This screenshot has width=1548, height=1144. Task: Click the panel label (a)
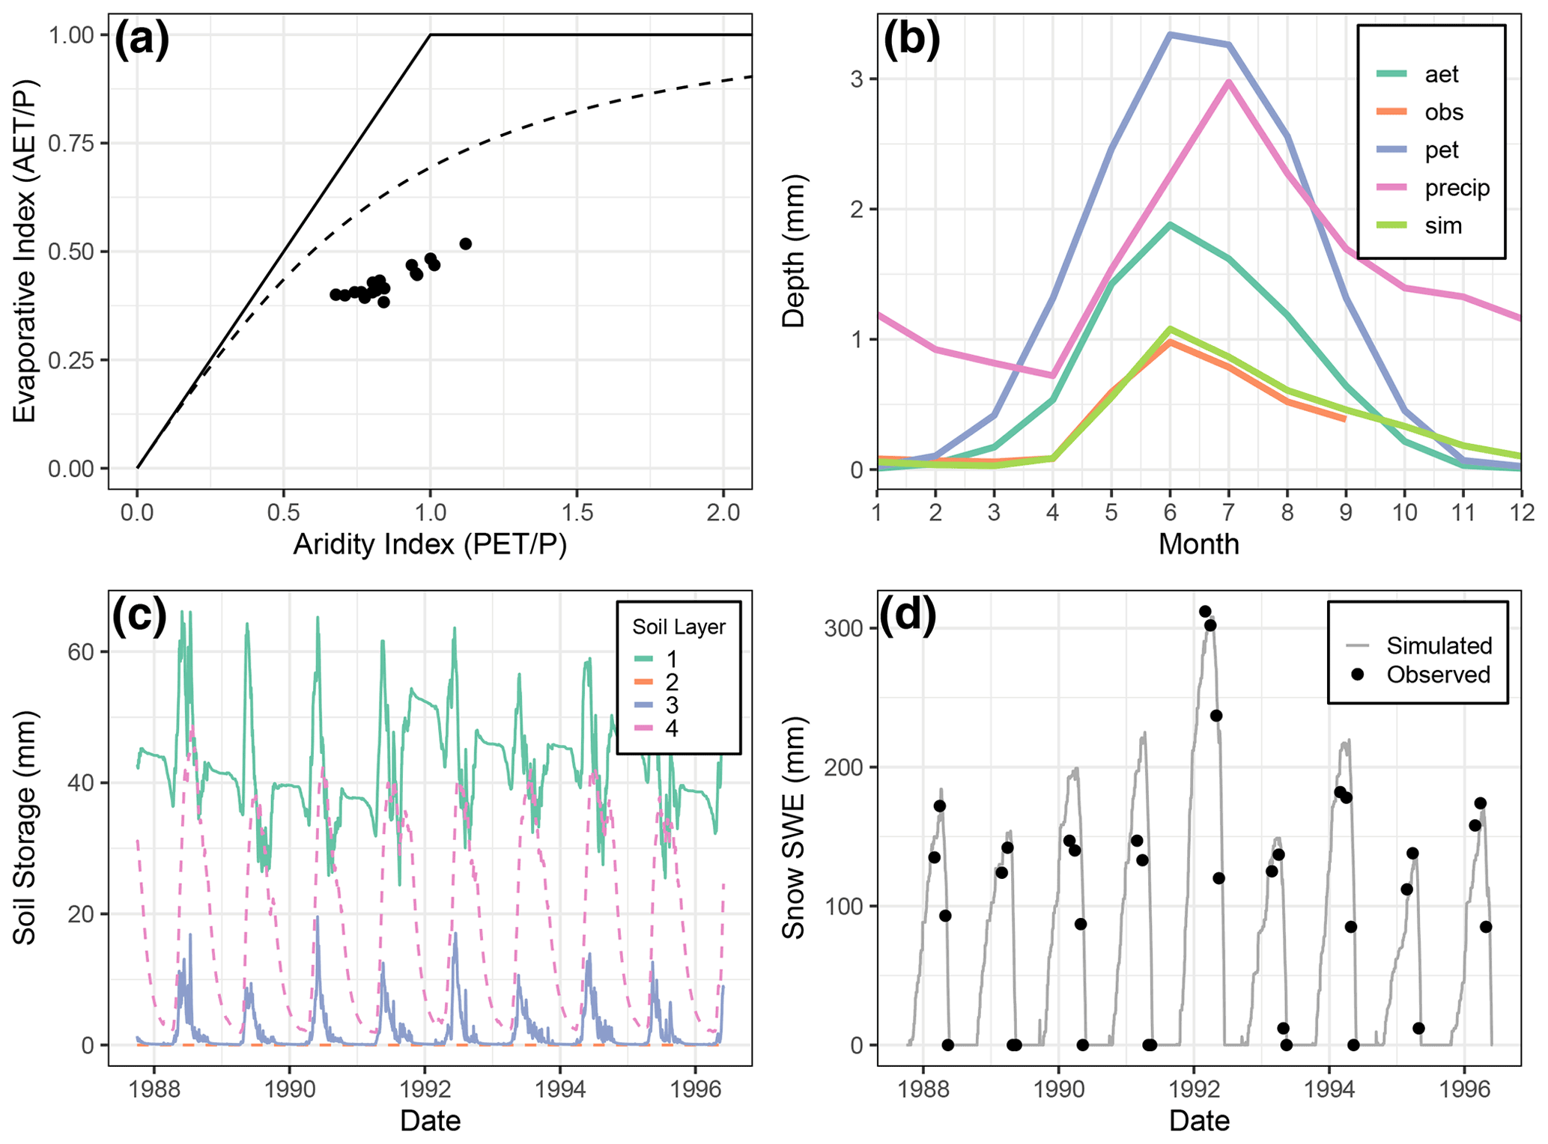142,40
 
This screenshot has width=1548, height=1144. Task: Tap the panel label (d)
908,615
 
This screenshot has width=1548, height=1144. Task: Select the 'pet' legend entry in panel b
1442,150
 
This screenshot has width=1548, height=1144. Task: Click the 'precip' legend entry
1457,188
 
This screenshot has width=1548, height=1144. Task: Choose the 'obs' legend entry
1443,112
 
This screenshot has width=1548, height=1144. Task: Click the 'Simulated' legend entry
1439,645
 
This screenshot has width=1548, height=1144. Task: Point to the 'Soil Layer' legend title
679,627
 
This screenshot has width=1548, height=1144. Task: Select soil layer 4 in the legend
672,728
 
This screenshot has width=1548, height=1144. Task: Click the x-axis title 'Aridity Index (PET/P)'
430,544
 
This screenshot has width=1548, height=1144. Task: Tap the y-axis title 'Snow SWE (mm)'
794,827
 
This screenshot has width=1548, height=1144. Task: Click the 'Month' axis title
1198,544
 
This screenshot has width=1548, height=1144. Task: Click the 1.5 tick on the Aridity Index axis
577,513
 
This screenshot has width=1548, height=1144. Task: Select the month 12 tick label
1520,513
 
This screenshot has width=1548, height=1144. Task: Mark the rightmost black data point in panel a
465,244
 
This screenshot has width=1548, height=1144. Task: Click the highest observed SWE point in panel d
1205,612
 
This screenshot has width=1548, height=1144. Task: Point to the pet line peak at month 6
1170,34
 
